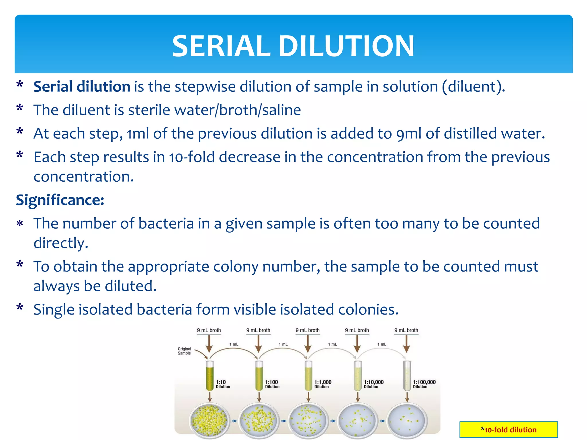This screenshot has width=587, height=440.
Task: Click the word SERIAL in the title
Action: coord(221,46)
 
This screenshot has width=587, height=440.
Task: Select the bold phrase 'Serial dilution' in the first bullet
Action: coord(82,87)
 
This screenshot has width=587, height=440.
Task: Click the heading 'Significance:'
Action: coord(60,200)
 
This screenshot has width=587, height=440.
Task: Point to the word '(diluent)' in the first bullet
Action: coord(473,87)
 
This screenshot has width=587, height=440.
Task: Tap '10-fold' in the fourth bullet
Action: coord(191,157)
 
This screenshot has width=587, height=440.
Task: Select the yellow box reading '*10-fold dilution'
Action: coord(508,429)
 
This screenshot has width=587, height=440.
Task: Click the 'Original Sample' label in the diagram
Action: coord(184,351)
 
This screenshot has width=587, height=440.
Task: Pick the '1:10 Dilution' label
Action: coord(223,384)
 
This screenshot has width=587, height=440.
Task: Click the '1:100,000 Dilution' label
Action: coord(424,384)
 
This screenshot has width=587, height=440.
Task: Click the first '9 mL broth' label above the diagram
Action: coord(209,330)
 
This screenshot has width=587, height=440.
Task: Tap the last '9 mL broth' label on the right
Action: coord(406,330)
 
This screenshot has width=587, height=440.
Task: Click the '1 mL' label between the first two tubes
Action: coord(234,344)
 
